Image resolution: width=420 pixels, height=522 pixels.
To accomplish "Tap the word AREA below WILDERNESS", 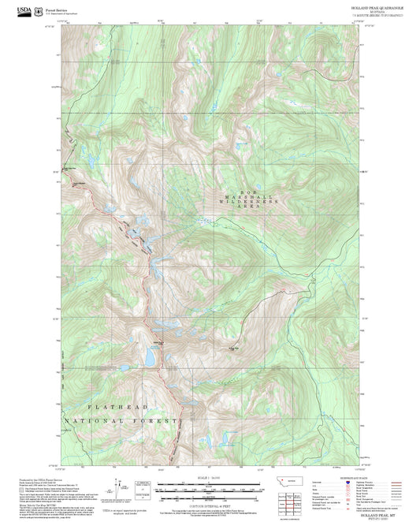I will pyautogui.click(x=250, y=209).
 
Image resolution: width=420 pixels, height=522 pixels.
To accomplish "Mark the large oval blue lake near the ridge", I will pyautogui.click(x=149, y=357).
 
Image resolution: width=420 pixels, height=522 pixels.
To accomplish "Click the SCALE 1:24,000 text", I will pyautogui.click(x=210, y=478).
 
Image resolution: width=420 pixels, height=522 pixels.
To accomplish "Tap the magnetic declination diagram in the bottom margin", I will pyautogui.click(x=143, y=487).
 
